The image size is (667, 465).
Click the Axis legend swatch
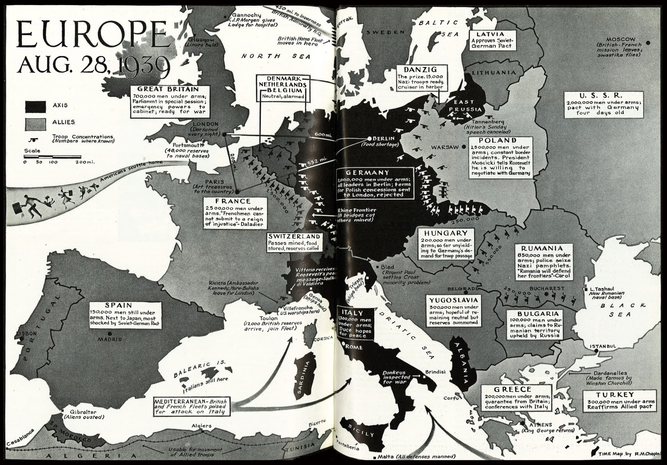[x=35, y=107]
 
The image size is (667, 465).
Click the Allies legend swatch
[x=35, y=124]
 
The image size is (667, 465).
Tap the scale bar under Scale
[x=52, y=157]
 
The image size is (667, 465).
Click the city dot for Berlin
[x=369, y=139]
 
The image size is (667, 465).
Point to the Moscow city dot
[x=647, y=43]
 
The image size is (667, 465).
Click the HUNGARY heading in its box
[x=446, y=233]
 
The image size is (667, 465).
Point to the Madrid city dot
[x=110, y=334]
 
